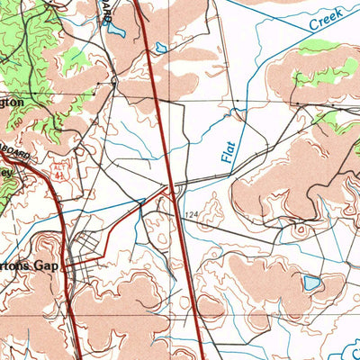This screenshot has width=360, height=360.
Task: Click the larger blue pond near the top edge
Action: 115,28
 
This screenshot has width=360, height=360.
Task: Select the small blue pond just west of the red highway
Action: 161,48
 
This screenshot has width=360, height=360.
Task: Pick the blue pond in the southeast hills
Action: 310,283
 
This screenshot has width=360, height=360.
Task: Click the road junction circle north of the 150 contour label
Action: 114,82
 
